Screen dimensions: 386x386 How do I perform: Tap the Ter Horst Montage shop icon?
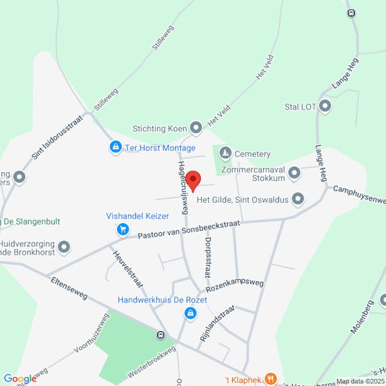pyautogui.click(x=115, y=148)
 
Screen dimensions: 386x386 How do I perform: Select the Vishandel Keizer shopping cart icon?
pyautogui.click(x=122, y=228)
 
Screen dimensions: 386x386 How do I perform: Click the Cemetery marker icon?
pyautogui.click(x=225, y=153)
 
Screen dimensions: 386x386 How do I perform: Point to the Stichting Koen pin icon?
pyautogui.click(x=196, y=128)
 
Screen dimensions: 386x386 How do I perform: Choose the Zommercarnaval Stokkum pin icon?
pyautogui.click(x=295, y=172)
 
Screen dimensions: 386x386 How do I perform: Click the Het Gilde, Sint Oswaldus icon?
pyautogui.click(x=298, y=199)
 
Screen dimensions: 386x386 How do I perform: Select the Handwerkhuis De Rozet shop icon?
pyautogui.click(x=190, y=313)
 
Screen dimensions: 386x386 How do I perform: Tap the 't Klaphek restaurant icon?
pyautogui.click(x=271, y=379)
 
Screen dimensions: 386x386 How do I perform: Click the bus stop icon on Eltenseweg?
pyautogui.click(x=160, y=335)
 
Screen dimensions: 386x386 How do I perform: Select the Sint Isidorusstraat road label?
pyautogui.click(x=59, y=136)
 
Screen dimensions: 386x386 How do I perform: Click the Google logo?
pyautogui.click(x=20, y=379)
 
